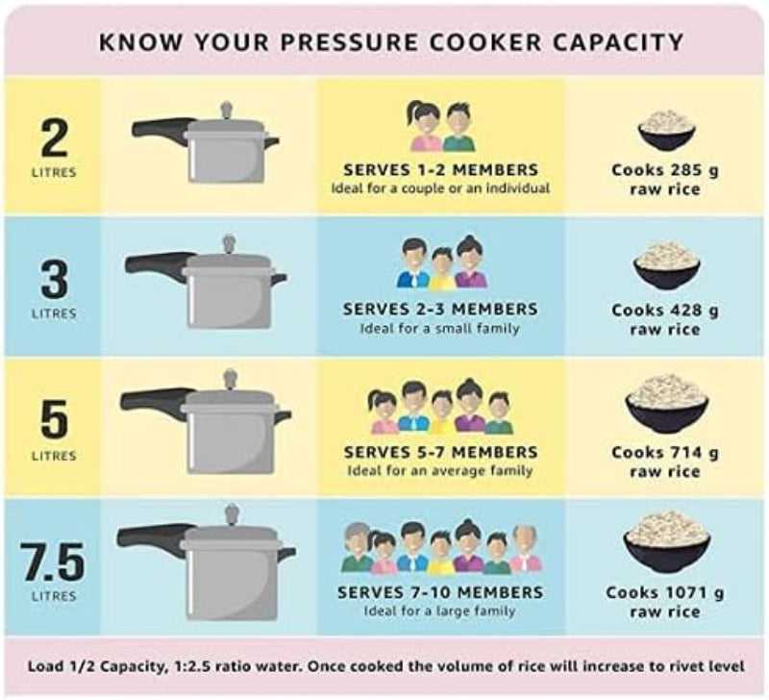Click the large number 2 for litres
pyautogui.click(x=54, y=138)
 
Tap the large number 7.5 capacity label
pyautogui.click(x=54, y=561)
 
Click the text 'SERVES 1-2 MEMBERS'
pyautogui.click(x=440, y=170)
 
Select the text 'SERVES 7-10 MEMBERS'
pyautogui.click(x=440, y=592)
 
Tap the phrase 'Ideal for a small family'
pyautogui.click(x=440, y=328)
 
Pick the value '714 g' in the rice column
pyautogui.click(x=690, y=452)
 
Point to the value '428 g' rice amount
pyautogui.click(x=690, y=311)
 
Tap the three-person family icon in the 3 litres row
pyautogui.click(x=441, y=263)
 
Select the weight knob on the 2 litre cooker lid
pyautogui.click(x=227, y=110)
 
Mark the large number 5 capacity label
pyautogui.click(x=54, y=418)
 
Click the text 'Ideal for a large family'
pyautogui.click(x=440, y=611)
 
